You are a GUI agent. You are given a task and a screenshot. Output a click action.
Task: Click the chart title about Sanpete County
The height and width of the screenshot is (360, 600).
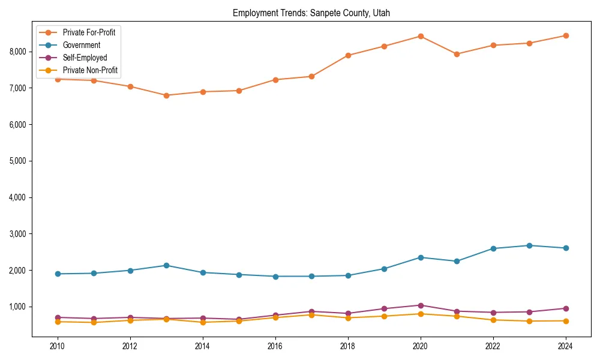(x=311, y=13)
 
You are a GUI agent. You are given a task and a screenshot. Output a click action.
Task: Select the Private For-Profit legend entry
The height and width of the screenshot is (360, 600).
(x=89, y=32)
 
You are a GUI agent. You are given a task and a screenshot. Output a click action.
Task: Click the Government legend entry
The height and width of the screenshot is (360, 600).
(x=81, y=45)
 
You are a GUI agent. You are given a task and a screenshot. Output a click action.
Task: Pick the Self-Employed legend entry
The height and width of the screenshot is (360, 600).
(x=85, y=58)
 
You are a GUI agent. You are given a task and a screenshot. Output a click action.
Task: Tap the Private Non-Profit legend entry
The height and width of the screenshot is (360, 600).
(x=90, y=70)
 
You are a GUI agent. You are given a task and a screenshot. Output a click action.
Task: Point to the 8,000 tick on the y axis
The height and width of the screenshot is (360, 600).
(x=18, y=52)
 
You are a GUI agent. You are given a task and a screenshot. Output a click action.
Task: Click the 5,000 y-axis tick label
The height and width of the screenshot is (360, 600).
(x=18, y=161)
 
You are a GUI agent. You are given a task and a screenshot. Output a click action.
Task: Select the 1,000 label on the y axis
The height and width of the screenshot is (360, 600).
(x=18, y=307)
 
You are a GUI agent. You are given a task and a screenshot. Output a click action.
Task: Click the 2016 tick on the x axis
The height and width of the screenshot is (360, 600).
(x=275, y=346)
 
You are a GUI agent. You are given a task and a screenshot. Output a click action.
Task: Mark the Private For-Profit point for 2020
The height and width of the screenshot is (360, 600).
(x=421, y=36)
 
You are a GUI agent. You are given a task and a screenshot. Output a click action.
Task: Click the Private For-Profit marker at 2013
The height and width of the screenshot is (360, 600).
(x=166, y=95)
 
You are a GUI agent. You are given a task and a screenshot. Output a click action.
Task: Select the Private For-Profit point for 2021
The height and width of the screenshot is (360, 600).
(x=457, y=54)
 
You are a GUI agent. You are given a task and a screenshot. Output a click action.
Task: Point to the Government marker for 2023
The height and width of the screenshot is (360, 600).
(x=529, y=245)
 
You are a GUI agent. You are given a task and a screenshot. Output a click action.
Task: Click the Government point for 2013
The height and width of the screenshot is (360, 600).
(x=166, y=265)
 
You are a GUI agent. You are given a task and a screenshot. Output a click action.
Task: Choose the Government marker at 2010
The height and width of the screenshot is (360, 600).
(x=58, y=274)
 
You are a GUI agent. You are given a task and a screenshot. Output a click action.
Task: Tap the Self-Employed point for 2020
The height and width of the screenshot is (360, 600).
(x=421, y=305)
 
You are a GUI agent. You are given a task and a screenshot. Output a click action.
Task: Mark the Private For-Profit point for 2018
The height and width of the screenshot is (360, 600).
(x=348, y=55)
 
